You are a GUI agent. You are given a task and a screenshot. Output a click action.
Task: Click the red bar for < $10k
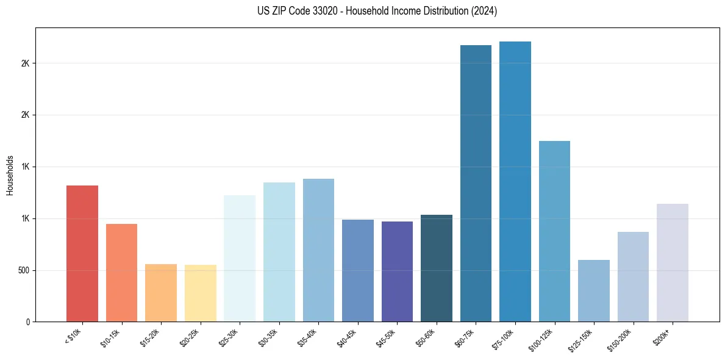(x=82, y=253)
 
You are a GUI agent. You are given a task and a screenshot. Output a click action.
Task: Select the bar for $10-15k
(x=121, y=273)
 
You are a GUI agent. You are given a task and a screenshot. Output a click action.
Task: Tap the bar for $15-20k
(x=161, y=293)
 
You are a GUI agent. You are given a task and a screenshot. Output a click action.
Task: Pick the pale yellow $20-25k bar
(x=200, y=293)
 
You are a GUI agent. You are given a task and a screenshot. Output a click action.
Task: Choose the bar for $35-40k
(x=318, y=250)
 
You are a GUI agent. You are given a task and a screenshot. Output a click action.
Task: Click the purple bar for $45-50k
(x=397, y=272)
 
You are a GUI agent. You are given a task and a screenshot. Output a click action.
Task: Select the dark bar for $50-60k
(x=436, y=268)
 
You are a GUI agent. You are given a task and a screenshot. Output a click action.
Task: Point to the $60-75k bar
(x=476, y=183)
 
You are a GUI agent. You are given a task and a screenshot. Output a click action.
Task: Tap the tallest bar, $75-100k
(x=515, y=181)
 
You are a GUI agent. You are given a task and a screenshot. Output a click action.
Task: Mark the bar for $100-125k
(x=554, y=231)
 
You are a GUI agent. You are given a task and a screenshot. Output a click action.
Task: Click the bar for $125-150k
(x=593, y=291)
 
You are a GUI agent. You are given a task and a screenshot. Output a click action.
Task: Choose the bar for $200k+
(x=672, y=262)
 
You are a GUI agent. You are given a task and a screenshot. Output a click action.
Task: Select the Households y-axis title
(x=10, y=175)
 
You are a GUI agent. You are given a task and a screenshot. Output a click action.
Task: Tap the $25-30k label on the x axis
(x=229, y=337)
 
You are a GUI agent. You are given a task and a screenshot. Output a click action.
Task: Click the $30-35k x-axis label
(x=269, y=337)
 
